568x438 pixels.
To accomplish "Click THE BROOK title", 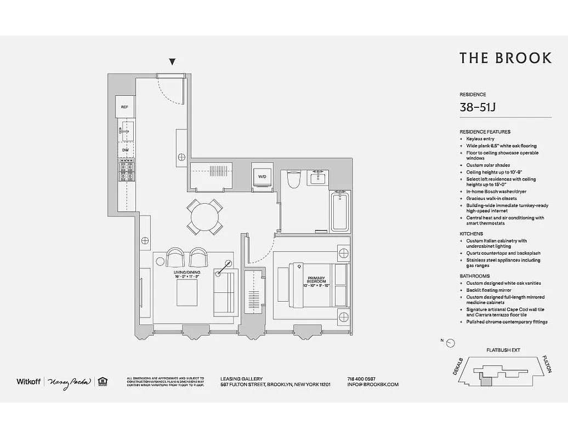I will pyautogui.click(x=505, y=58).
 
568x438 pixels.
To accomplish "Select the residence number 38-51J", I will pyautogui.click(x=478, y=107).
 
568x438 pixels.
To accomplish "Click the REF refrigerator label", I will pyautogui.click(x=124, y=107).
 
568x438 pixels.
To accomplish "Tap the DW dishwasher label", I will pyautogui.click(x=126, y=149).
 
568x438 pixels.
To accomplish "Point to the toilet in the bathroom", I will pyautogui.click(x=294, y=178).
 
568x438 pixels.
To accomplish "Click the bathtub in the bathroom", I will pyautogui.click(x=340, y=211).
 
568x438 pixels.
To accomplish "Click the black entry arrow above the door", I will pyautogui.click(x=173, y=62).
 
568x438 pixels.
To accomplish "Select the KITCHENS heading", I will pyautogui.click(x=471, y=234).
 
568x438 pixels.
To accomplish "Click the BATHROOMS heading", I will pyautogui.click(x=474, y=276).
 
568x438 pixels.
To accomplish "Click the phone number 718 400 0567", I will pyautogui.click(x=361, y=378).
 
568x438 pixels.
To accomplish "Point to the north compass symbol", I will pyautogui.click(x=450, y=343).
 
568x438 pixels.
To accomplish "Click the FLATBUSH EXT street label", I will pyautogui.click(x=503, y=350).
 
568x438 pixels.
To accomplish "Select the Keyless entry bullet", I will pyautogui.click(x=480, y=139).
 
